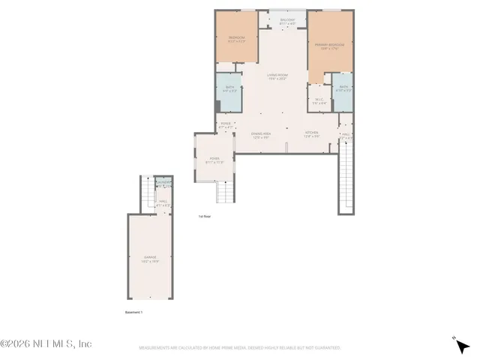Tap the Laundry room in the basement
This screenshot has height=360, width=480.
[x=163, y=184]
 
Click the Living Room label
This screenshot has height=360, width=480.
[x=277, y=76]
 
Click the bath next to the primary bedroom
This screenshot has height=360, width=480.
[x=343, y=88]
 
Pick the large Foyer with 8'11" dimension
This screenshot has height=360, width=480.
[x=214, y=160]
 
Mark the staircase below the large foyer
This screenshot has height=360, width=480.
[x=226, y=193]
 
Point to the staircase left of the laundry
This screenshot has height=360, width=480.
[x=147, y=195]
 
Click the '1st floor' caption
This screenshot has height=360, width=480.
[x=205, y=216]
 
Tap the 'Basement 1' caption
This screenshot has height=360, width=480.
[x=133, y=312]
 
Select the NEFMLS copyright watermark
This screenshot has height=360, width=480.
[x=46, y=343]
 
